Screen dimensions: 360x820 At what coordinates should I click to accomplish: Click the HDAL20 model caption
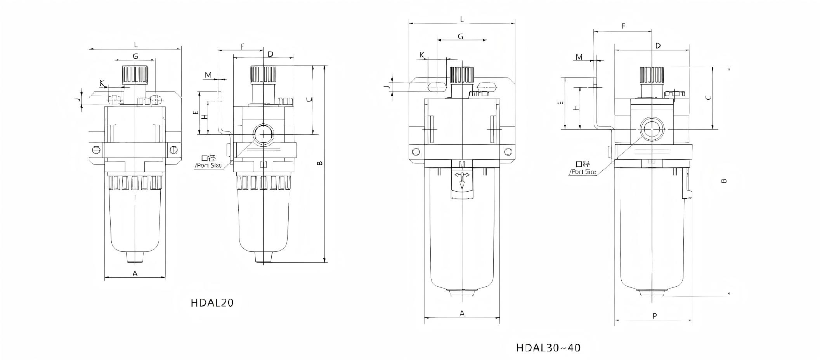tap(212, 303)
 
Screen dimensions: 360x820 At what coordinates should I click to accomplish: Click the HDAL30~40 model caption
tap(548, 348)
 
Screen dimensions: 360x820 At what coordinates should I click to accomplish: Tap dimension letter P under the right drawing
tap(654, 316)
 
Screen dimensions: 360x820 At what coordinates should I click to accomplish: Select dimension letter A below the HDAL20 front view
tap(135, 273)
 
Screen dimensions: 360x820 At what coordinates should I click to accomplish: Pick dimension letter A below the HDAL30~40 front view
tap(462, 313)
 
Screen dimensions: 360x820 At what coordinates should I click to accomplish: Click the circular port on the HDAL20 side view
tap(264, 134)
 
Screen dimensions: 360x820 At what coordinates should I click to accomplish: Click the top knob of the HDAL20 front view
tap(135, 74)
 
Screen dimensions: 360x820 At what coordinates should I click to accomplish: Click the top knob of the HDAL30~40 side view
tap(652, 75)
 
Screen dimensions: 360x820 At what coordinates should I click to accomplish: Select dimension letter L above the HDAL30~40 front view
tap(462, 19)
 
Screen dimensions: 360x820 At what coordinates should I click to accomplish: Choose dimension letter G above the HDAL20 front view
tap(135, 56)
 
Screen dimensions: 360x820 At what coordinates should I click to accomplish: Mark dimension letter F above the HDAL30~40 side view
tap(623, 26)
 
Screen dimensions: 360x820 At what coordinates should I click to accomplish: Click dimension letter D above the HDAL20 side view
tap(270, 54)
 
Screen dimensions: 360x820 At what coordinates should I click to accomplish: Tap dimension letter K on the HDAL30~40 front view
tap(422, 55)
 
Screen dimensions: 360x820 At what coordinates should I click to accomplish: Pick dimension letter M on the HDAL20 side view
tap(208, 75)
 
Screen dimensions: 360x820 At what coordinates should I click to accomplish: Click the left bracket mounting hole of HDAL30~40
tap(416, 151)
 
